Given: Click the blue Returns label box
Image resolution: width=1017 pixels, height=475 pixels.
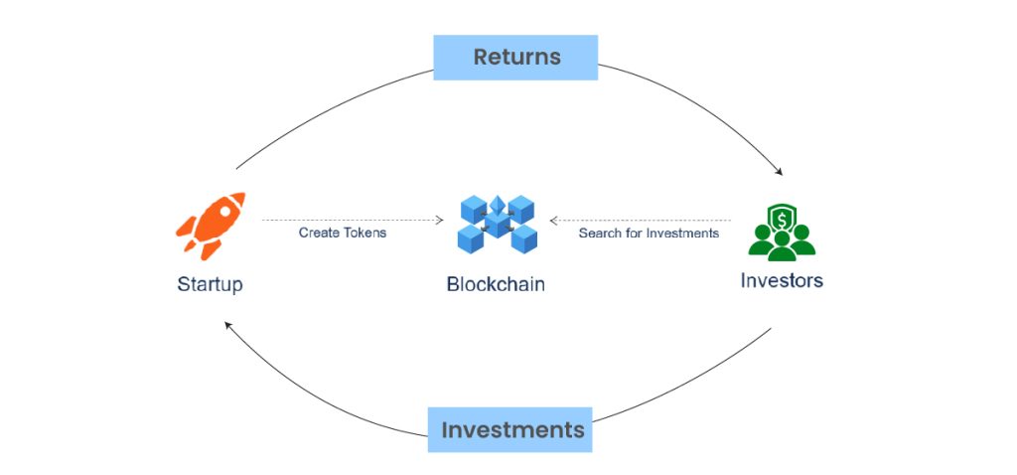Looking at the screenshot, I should (515, 57).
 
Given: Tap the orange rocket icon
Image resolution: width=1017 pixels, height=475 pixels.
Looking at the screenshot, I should (210, 228).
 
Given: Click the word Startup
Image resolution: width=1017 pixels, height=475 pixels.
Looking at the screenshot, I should (210, 284).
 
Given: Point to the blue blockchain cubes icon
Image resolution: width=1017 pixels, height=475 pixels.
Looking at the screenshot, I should (497, 224).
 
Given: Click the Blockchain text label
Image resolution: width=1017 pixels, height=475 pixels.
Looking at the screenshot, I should (496, 284).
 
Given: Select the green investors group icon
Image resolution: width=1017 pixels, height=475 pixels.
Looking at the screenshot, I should (781, 233).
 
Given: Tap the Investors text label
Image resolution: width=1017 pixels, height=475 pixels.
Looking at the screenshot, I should (782, 280).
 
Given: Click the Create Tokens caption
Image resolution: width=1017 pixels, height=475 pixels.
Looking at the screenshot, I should (343, 233).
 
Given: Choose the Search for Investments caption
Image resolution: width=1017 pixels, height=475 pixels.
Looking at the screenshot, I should (649, 233).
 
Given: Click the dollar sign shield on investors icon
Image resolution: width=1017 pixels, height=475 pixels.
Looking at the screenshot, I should (781, 216).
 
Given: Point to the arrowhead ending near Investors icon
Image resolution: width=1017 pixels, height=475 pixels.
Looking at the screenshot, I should (779, 172).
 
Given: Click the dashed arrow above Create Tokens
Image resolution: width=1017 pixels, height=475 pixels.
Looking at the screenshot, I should (353, 220).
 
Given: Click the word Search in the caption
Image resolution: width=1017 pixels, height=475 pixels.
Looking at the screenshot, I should (599, 233).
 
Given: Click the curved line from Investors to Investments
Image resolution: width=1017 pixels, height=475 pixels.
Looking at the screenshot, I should (695, 384).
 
